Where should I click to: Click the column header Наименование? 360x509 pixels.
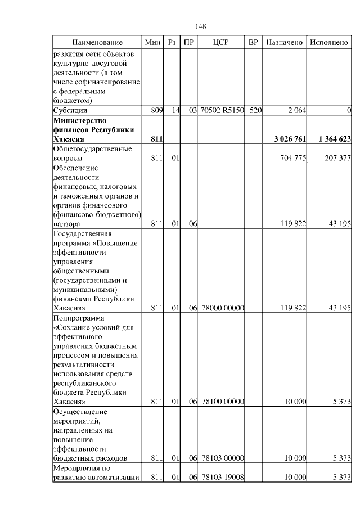tap(97, 43)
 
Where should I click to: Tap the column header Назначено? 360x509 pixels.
tap(285, 43)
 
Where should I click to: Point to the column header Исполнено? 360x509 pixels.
tap(329, 43)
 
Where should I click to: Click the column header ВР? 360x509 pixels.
tap(254, 43)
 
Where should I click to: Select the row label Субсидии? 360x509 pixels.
tap(70, 111)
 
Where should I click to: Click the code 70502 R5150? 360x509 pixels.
tap(222, 111)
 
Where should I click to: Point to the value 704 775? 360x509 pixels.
tap(292, 159)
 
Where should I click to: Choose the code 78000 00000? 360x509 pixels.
tap(222, 308)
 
